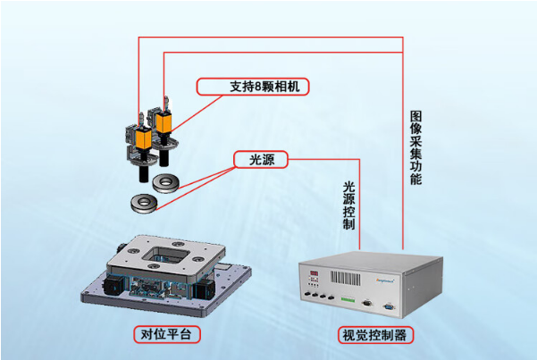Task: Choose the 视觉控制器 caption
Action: (374, 337)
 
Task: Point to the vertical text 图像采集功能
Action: (416, 148)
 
